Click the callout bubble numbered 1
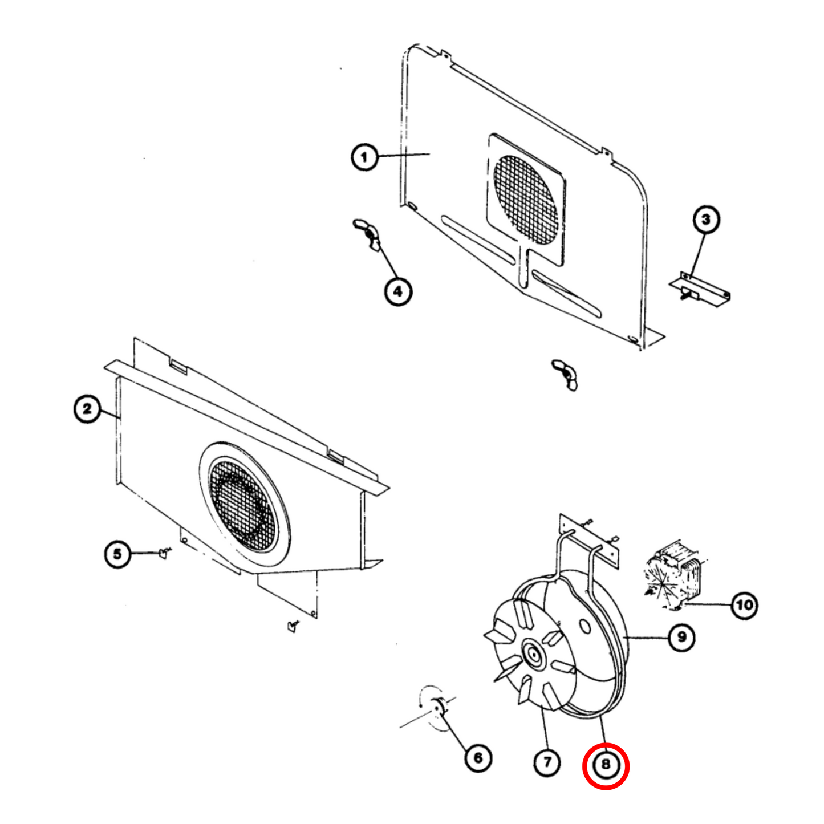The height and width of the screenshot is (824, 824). pyautogui.click(x=364, y=156)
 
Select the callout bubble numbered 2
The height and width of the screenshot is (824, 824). pyautogui.click(x=87, y=409)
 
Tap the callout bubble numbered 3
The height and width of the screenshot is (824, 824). pyautogui.click(x=706, y=220)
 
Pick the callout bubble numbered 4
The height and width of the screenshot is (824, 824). pyautogui.click(x=397, y=291)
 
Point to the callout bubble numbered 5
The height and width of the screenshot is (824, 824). pyautogui.click(x=117, y=554)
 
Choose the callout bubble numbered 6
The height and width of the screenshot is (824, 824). pyautogui.click(x=478, y=757)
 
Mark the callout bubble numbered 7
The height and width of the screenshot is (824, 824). pyautogui.click(x=547, y=761)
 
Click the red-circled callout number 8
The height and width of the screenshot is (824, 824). pyautogui.click(x=606, y=766)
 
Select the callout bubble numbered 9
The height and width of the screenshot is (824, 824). pyautogui.click(x=681, y=636)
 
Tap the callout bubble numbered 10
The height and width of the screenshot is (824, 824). pyautogui.click(x=744, y=604)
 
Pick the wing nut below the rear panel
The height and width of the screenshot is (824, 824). pyautogui.click(x=565, y=374)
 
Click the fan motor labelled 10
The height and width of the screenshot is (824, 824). pyautogui.click(x=674, y=576)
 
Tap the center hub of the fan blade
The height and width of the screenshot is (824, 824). pyautogui.click(x=534, y=655)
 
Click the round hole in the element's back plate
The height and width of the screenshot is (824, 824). pyautogui.click(x=584, y=626)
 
